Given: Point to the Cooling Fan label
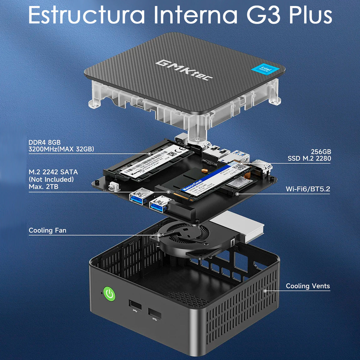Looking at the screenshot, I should [47, 230].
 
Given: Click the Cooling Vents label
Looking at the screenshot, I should [307, 286].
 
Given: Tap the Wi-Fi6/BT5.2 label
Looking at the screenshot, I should [307, 189].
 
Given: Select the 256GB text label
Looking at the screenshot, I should [321, 152].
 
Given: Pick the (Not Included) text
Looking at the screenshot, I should [51, 179].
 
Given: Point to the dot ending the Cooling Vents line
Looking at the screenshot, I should [265, 290].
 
